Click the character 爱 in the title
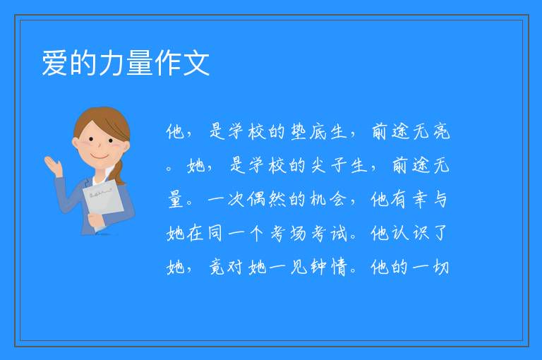(x=54, y=63)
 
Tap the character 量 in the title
(x=139, y=63)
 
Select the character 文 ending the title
(x=196, y=63)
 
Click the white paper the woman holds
(x=104, y=200)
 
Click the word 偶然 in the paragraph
(x=267, y=199)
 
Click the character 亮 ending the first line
(x=441, y=132)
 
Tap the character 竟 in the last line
(x=217, y=268)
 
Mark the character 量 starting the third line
(x=176, y=199)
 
